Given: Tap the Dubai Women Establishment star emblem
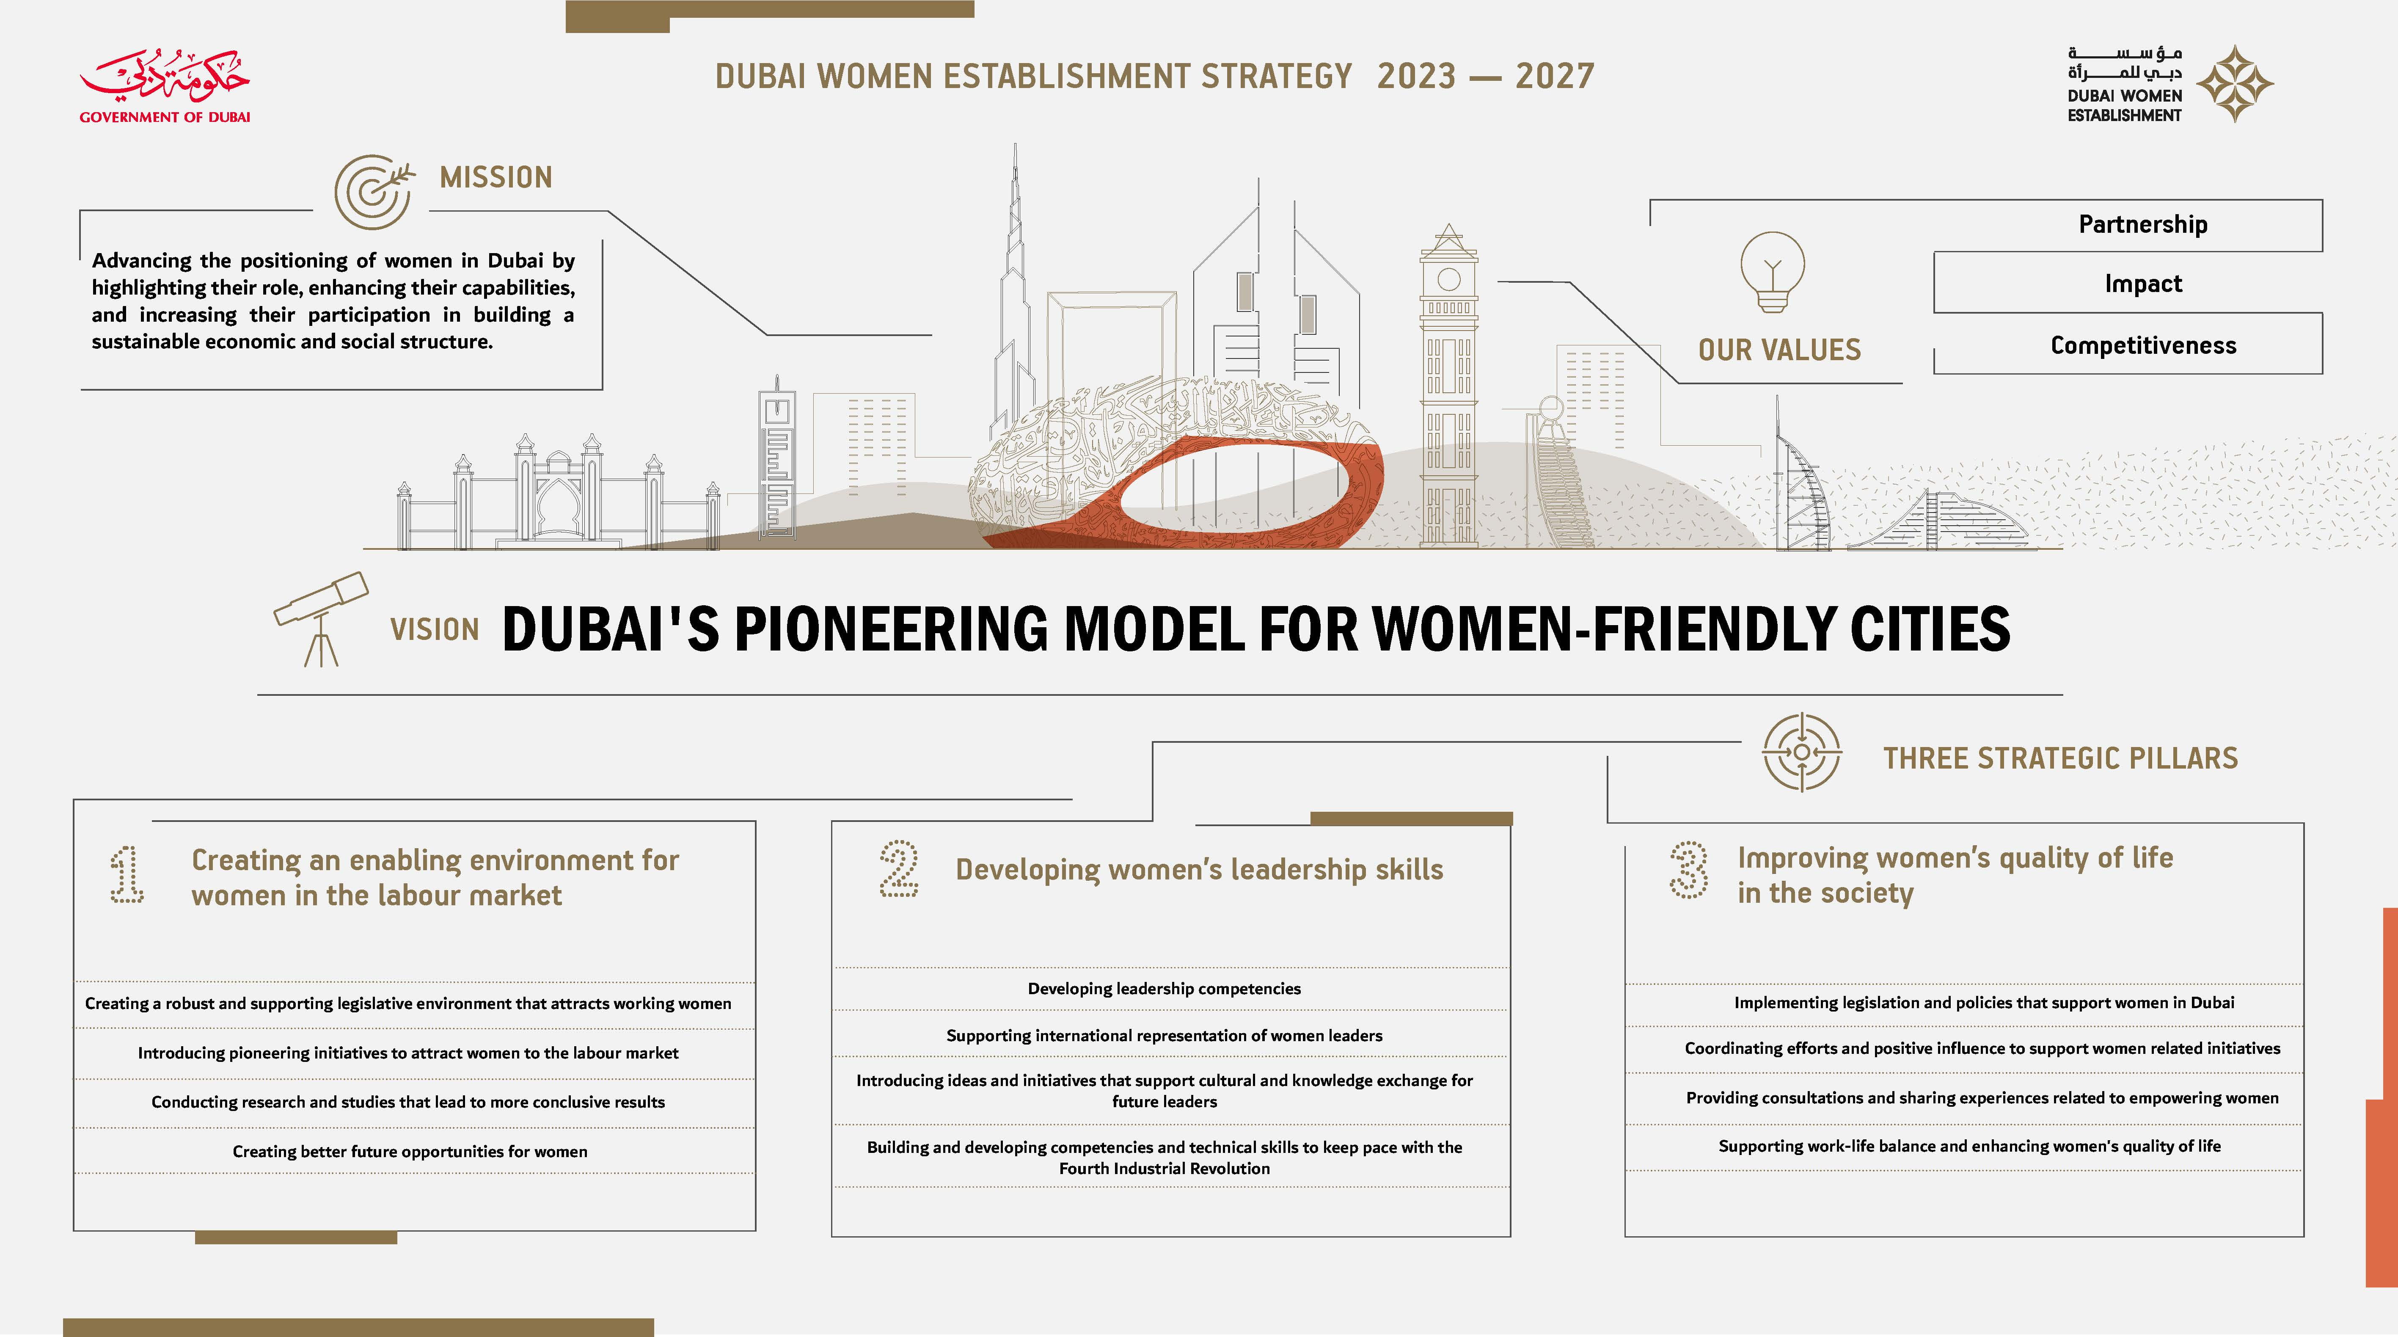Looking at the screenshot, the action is (2235, 84).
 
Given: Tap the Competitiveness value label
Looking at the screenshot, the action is (2143, 345).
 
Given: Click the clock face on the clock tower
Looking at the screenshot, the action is (1448, 279).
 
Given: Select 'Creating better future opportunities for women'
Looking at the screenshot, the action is (410, 1152).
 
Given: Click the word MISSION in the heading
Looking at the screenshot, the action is (496, 177).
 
